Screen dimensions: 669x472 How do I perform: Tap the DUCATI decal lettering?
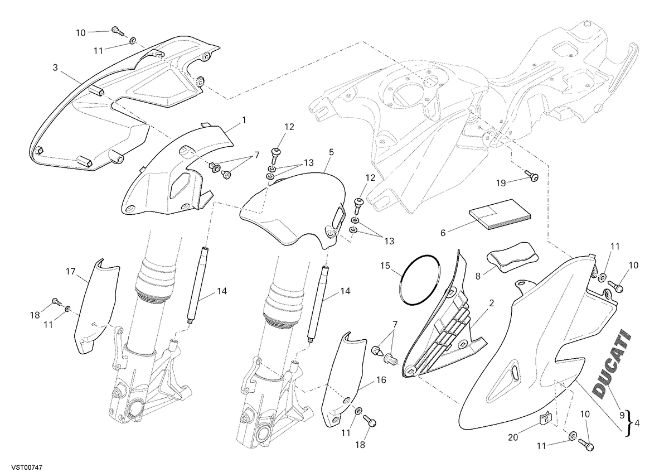[x=612, y=367]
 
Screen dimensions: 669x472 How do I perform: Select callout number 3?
[x=55, y=68]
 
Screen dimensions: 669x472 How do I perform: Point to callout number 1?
[x=244, y=120]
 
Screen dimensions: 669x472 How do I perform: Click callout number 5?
[x=331, y=152]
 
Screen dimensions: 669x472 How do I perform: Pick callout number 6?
[x=443, y=233]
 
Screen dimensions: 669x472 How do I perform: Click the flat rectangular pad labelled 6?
[x=501, y=215]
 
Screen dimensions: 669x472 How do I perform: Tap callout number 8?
[x=478, y=276]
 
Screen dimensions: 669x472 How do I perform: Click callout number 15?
[x=385, y=266]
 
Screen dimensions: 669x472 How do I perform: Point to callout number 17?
[x=71, y=271]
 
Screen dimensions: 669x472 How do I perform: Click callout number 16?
[x=381, y=380]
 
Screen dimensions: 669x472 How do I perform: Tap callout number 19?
[x=501, y=183]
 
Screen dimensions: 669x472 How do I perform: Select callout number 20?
[x=513, y=437]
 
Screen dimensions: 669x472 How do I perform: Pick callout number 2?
[x=491, y=303]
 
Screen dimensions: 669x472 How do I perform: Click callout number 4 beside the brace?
[x=637, y=423]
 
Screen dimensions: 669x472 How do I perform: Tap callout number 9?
[x=622, y=415]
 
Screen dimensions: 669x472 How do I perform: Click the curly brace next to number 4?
[x=629, y=423]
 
